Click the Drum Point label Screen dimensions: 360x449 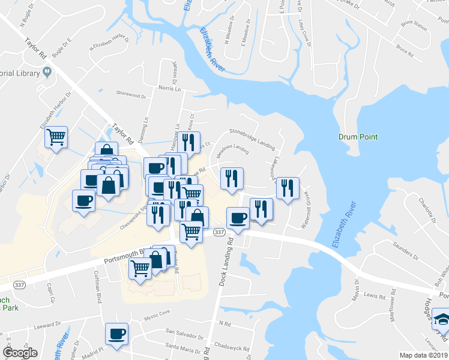[x=358, y=137]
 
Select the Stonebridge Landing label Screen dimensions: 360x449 [x=253, y=138]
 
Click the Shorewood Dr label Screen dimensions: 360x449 [x=131, y=95]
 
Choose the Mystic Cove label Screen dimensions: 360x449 [x=157, y=312]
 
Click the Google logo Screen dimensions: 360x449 [x=20, y=353]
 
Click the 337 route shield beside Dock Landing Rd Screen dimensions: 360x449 [x=219, y=232]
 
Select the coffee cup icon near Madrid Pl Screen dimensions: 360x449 [x=116, y=334]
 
